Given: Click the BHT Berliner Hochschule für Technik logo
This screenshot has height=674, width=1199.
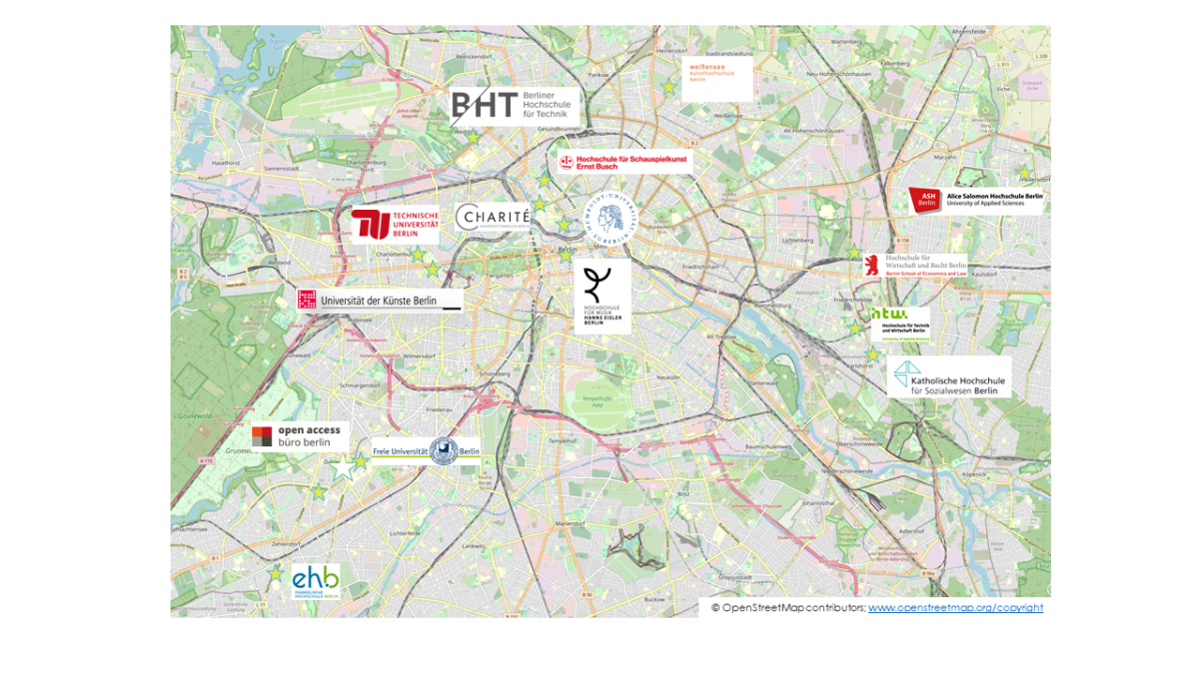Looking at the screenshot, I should pos(514,106).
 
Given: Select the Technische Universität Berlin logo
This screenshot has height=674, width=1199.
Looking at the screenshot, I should pos(395,226).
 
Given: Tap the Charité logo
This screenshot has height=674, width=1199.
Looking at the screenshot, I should pos(493,217).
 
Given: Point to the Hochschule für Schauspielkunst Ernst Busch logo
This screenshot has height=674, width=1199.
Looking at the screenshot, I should pos(623,162).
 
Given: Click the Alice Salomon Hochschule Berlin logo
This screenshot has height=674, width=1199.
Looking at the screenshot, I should pos(975,200).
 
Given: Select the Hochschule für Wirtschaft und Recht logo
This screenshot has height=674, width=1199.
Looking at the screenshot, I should pos(915,266).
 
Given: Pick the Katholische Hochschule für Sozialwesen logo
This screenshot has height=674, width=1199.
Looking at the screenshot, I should pos(948,378).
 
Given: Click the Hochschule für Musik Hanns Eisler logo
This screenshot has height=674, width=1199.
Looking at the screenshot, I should pos(601,297).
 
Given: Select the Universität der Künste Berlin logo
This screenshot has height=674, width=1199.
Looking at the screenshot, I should pos(379,301).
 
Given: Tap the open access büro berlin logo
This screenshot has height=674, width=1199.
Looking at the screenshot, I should pos(299,436).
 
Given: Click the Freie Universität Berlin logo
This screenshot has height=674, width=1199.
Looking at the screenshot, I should pos(426,451).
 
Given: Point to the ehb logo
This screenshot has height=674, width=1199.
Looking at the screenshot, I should pos(316,581).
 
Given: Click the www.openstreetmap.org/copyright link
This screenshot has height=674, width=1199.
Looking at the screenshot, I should pos(954,607).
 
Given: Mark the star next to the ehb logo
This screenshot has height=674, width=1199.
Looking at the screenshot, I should pos(275,573).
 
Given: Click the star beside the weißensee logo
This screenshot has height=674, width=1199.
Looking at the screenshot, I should pos(668,88).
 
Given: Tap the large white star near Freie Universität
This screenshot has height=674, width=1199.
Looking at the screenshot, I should pos(345,467).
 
